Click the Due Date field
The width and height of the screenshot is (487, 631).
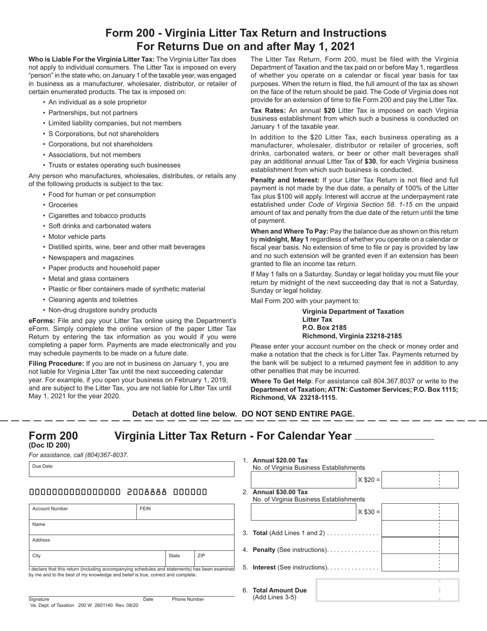(131, 469)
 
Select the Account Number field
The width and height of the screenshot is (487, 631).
(83, 511)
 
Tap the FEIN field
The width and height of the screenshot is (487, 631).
(185, 511)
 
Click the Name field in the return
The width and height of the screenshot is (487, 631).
(131, 527)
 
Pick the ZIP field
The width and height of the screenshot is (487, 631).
(214, 558)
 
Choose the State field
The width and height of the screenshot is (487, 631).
(179, 558)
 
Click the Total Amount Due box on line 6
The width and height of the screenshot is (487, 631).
(387, 590)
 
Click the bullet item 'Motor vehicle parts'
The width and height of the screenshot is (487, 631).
(77, 236)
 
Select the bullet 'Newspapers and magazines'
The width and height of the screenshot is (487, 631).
(91, 258)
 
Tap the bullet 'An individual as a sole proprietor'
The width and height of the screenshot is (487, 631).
(97, 102)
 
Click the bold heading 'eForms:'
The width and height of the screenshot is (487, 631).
(42, 321)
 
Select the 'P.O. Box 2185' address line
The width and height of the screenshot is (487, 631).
(324, 328)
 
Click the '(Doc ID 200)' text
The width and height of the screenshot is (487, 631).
(49, 445)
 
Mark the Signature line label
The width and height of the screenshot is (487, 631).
(39, 599)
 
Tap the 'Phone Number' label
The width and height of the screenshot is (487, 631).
(188, 599)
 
